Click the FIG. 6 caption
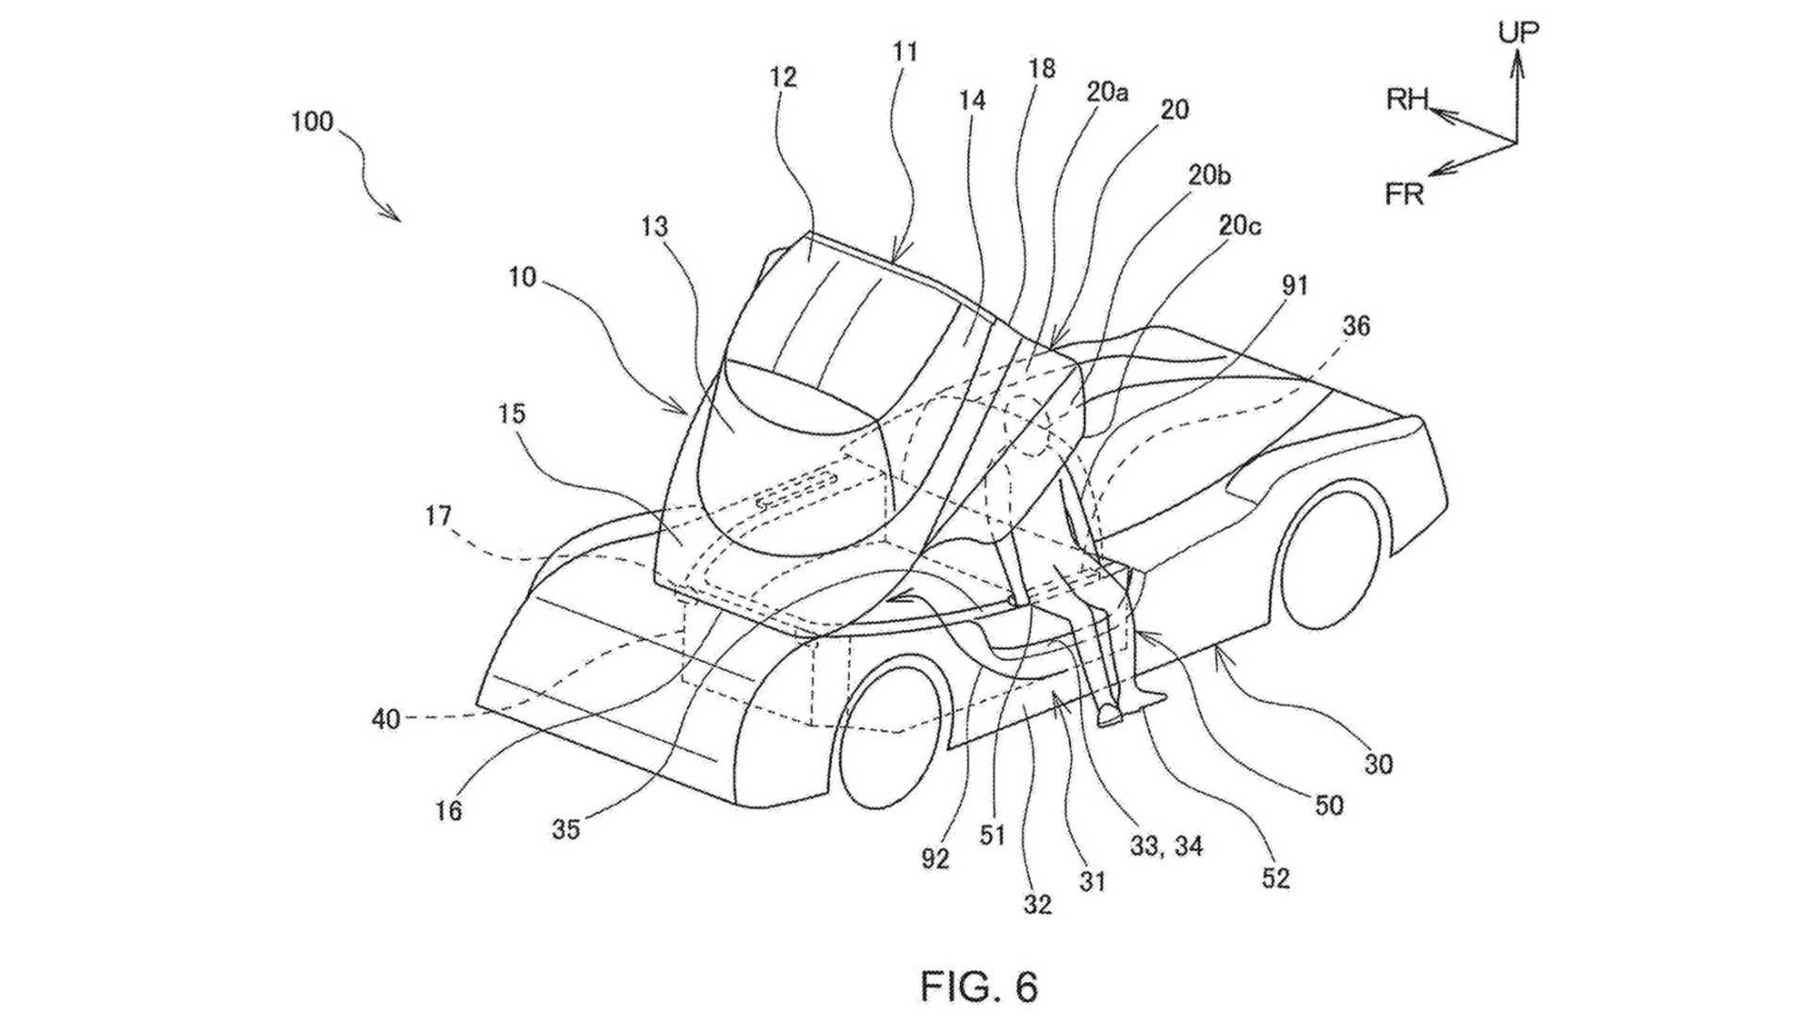[979, 986]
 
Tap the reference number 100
[312, 121]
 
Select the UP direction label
[1518, 32]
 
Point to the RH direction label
[1407, 99]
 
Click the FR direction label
[1404, 194]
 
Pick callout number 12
[783, 77]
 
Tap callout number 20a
[1107, 92]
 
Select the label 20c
[1239, 226]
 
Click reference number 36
[1356, 326]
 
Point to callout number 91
[1295, 284]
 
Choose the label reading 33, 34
[1166, 847]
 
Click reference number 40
[386, 719]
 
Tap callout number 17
[439, 516]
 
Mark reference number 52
[1275, 878]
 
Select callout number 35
[566, 830]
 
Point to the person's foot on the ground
[1111, 716]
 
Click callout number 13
[654, 226]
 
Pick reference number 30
[1378, 764]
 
